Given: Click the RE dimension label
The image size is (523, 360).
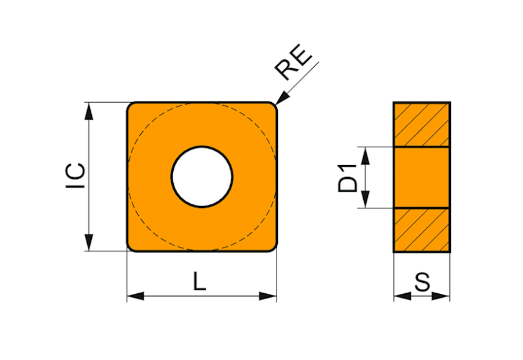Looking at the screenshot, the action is click(x=293, y=62).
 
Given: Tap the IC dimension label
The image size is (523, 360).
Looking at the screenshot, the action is click(x=76, y=176).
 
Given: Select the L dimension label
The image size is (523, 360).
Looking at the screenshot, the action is click(x=199, y=281).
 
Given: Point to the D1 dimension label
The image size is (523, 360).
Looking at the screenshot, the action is click(x=348, y=178).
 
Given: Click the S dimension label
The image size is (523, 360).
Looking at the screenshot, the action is click(x=422, y=282).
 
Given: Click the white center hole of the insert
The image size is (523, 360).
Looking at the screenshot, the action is click(x=202, y=177).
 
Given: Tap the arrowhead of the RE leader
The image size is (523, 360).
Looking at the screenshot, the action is click(x=282, y=98).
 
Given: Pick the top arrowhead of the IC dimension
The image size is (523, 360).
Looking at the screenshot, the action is click(x=89, y=111).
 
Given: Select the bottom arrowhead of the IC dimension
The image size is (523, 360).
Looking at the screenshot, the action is click(x=89, y=242).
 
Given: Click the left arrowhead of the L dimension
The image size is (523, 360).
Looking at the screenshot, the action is click(x=136, y=296).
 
